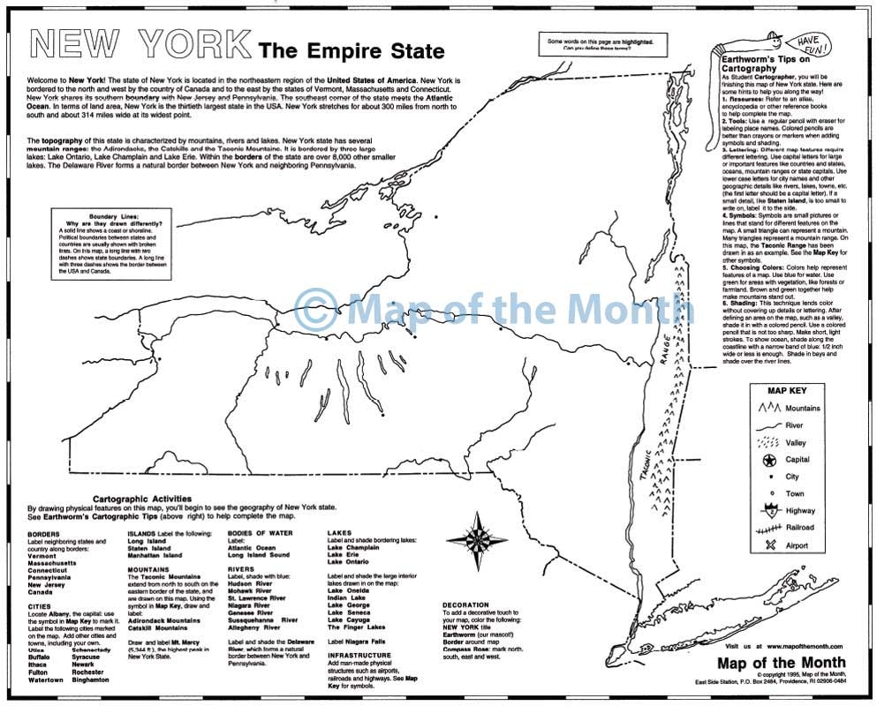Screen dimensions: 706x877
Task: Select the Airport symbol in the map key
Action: (x=767, y=545)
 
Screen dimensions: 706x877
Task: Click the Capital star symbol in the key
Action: (x=767, y=460)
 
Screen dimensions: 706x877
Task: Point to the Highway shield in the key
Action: (x=767, y=509)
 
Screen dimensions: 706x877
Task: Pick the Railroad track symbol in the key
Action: (x=767, y=528)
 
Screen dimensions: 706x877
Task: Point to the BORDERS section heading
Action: (x=44, y=535)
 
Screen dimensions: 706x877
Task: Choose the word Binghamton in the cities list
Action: (x=92, y=680)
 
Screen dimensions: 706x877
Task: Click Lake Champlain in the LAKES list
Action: (x=353, y=547)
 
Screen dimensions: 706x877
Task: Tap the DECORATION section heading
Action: (x=470, y=605)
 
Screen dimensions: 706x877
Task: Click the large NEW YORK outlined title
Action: (x=139, y=44)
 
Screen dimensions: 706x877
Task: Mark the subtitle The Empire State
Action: (x=351, y=51)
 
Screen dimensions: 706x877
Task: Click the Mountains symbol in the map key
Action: (x=767, y=408)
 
